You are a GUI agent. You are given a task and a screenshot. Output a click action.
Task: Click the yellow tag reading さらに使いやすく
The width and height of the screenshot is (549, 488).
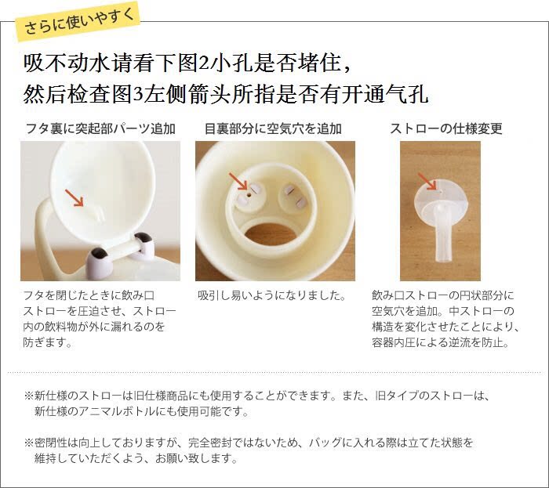(x=78, y=21)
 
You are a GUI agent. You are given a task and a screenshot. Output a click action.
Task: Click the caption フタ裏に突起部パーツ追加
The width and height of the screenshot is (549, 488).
(x=100, y=128)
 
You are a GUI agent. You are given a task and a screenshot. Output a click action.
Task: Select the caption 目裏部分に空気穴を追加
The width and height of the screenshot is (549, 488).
(x=273, y=128)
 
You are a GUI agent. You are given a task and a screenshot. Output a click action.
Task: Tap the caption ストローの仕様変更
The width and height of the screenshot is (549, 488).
(x=446, y=128)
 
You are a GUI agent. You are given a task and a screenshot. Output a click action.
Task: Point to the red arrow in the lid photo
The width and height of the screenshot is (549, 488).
(x=75, y=198)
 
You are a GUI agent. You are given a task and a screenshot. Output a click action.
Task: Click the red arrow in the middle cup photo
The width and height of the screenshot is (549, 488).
(x=238, y=182)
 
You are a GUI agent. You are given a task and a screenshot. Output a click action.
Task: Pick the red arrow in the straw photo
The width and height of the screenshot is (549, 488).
(x=427, y=181)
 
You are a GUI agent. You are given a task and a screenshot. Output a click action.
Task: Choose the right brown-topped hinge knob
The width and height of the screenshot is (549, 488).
(x=143, y=244)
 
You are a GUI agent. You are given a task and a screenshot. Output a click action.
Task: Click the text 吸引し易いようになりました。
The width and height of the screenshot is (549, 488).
(x=272, y=296)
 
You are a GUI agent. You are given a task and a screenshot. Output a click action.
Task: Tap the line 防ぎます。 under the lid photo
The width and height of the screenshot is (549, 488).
(x=48, y=342)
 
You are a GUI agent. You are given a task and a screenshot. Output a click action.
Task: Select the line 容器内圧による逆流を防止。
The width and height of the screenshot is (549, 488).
(x=441, y=342)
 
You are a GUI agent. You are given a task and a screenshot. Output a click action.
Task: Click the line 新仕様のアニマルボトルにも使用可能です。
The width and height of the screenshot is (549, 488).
(x=141, y=411)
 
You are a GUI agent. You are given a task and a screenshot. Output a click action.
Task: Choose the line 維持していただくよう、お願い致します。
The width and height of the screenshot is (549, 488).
(x=136, y=458)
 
